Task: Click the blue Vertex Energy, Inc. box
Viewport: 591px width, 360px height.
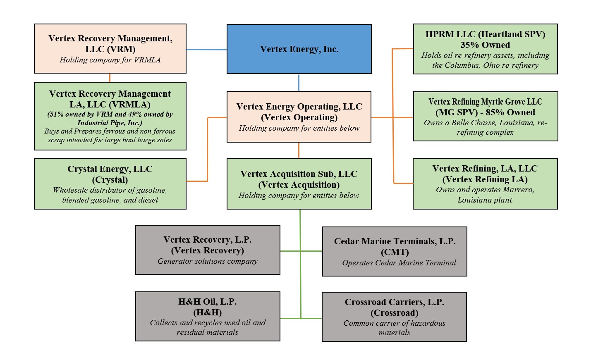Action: pyautogui.click(x=299, y=49)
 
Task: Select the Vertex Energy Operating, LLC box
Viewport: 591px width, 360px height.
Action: pyautogui.click(x=299, y=117)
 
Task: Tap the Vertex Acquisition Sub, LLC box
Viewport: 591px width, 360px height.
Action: pyautogui.click(x=299, y=184)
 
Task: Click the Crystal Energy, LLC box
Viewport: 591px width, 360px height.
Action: pyautogui.click(x=110, y=184)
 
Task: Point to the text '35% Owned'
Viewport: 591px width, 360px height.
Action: pyautogui.click(x=485, y=45)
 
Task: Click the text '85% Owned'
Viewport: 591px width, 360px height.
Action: pyautogui.click(x=510, y=112)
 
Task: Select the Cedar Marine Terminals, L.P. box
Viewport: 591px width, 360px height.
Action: pyautogui.click(x=395, y=251)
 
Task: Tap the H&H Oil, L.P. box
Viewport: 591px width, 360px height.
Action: pyautogui.click(x=208, y=317)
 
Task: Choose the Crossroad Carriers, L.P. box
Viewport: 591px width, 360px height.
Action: pyautogui.click(x=394, y=317)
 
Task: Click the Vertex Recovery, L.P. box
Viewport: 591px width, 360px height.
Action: pyautogui.click(x=208, y=250)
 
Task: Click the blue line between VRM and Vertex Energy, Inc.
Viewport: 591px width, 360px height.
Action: pyautogui.click(x=206, y=50)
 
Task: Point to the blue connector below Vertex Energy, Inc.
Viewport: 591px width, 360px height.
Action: pyautogui.click(x=299, y=83)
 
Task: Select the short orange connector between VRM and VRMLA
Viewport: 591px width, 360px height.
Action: pyautogui.click(x=110, y=78)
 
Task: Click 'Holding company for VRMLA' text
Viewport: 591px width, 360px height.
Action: pyautogui.click(x=110, y=60)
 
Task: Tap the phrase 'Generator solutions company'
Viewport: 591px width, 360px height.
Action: pyautogui.click(x=208, y=261)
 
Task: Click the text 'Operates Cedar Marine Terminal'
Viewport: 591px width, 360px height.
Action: pyautogui.click(x=399, y=263)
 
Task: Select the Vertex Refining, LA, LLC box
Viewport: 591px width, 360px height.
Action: pyautogui.click(x=485, y=184)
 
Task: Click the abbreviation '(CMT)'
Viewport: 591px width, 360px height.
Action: pyautogui.click(x=395, y=252)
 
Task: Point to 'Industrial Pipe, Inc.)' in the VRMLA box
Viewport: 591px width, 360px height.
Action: pyautogui.click(x=110, y=123)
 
